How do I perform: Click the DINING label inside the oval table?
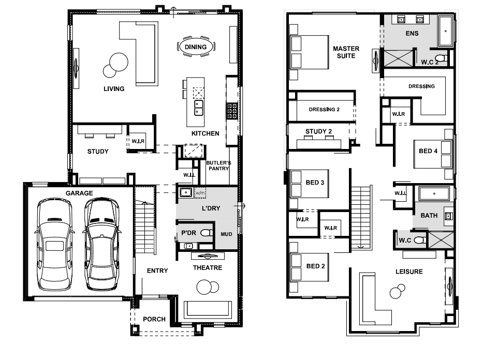[x=196, y=47]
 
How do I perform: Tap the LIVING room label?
[x=114, y=89]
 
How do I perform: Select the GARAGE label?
[x=79, y=193]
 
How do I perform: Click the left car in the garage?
[x=54, y=244]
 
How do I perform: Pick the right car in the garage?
[x=102, y=244]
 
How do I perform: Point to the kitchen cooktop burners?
[x=232, y=111]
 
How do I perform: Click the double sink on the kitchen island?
[x=199, y=108]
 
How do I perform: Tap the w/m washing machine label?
[x=200, y=193]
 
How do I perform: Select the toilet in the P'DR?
[x=207, y=233]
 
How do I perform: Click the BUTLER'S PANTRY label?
[x=218, y=166]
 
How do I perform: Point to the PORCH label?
[x=154, y=319]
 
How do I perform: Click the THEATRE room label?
[x=208, y=268]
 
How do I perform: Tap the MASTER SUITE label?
[x=346, y=52]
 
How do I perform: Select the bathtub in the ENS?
[x=445, y=31]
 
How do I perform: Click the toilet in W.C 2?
[x=442, y=58]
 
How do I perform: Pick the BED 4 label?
[x=428, y=151]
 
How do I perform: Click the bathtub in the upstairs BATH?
[x=434, y=193]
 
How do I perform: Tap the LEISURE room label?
[x=409, y=272]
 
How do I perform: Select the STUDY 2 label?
[x=318, y=131]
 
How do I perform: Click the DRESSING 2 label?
[x=324, y=110]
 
